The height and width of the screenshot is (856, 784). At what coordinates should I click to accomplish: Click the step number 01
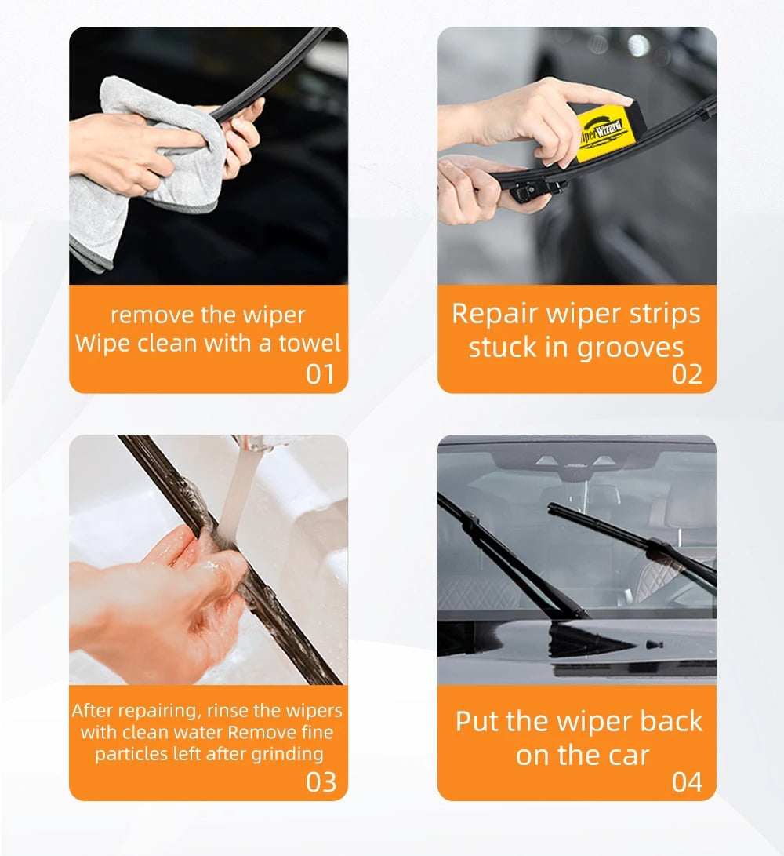[320, 374]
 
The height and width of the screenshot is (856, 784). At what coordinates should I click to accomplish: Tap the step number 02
[687, 374]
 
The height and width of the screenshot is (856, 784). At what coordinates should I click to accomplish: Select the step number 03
[321, 781]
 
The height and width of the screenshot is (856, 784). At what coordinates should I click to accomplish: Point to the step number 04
[687, 781]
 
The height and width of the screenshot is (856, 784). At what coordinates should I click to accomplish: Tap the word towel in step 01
[310, 343]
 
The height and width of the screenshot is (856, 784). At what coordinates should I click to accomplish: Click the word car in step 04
[629, 756]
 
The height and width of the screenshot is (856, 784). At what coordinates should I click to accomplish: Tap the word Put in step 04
[477, 721]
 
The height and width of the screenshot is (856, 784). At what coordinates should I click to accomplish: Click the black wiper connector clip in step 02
[530, 189]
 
